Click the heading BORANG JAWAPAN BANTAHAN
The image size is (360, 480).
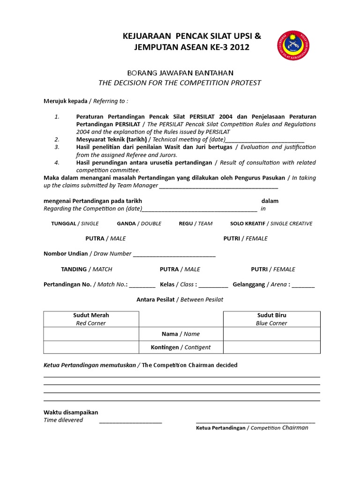(180, 73)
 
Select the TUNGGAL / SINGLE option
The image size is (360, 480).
(75, 224)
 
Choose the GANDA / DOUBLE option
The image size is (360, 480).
(139, 224)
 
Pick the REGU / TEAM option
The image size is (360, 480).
(195, 224)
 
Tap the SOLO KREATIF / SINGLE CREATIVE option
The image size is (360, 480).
(271, 224)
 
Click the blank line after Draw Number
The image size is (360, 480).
(174, 255)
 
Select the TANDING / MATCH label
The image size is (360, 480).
(86, 269)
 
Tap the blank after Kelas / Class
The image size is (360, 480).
(213, 285)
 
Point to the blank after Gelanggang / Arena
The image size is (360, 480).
(303, 285)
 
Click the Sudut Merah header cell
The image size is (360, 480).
(91, 319)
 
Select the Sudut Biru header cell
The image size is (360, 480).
(271, 319)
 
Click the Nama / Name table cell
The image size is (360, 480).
(181, 334)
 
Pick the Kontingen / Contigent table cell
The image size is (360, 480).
(181, 347)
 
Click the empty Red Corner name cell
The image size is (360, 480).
(91, 334)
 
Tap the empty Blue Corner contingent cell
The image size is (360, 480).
(271, 347)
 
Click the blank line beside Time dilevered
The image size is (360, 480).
(130, 421)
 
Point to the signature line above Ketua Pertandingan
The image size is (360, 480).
(255, 421)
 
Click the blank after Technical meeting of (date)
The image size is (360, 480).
(265, 140)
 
